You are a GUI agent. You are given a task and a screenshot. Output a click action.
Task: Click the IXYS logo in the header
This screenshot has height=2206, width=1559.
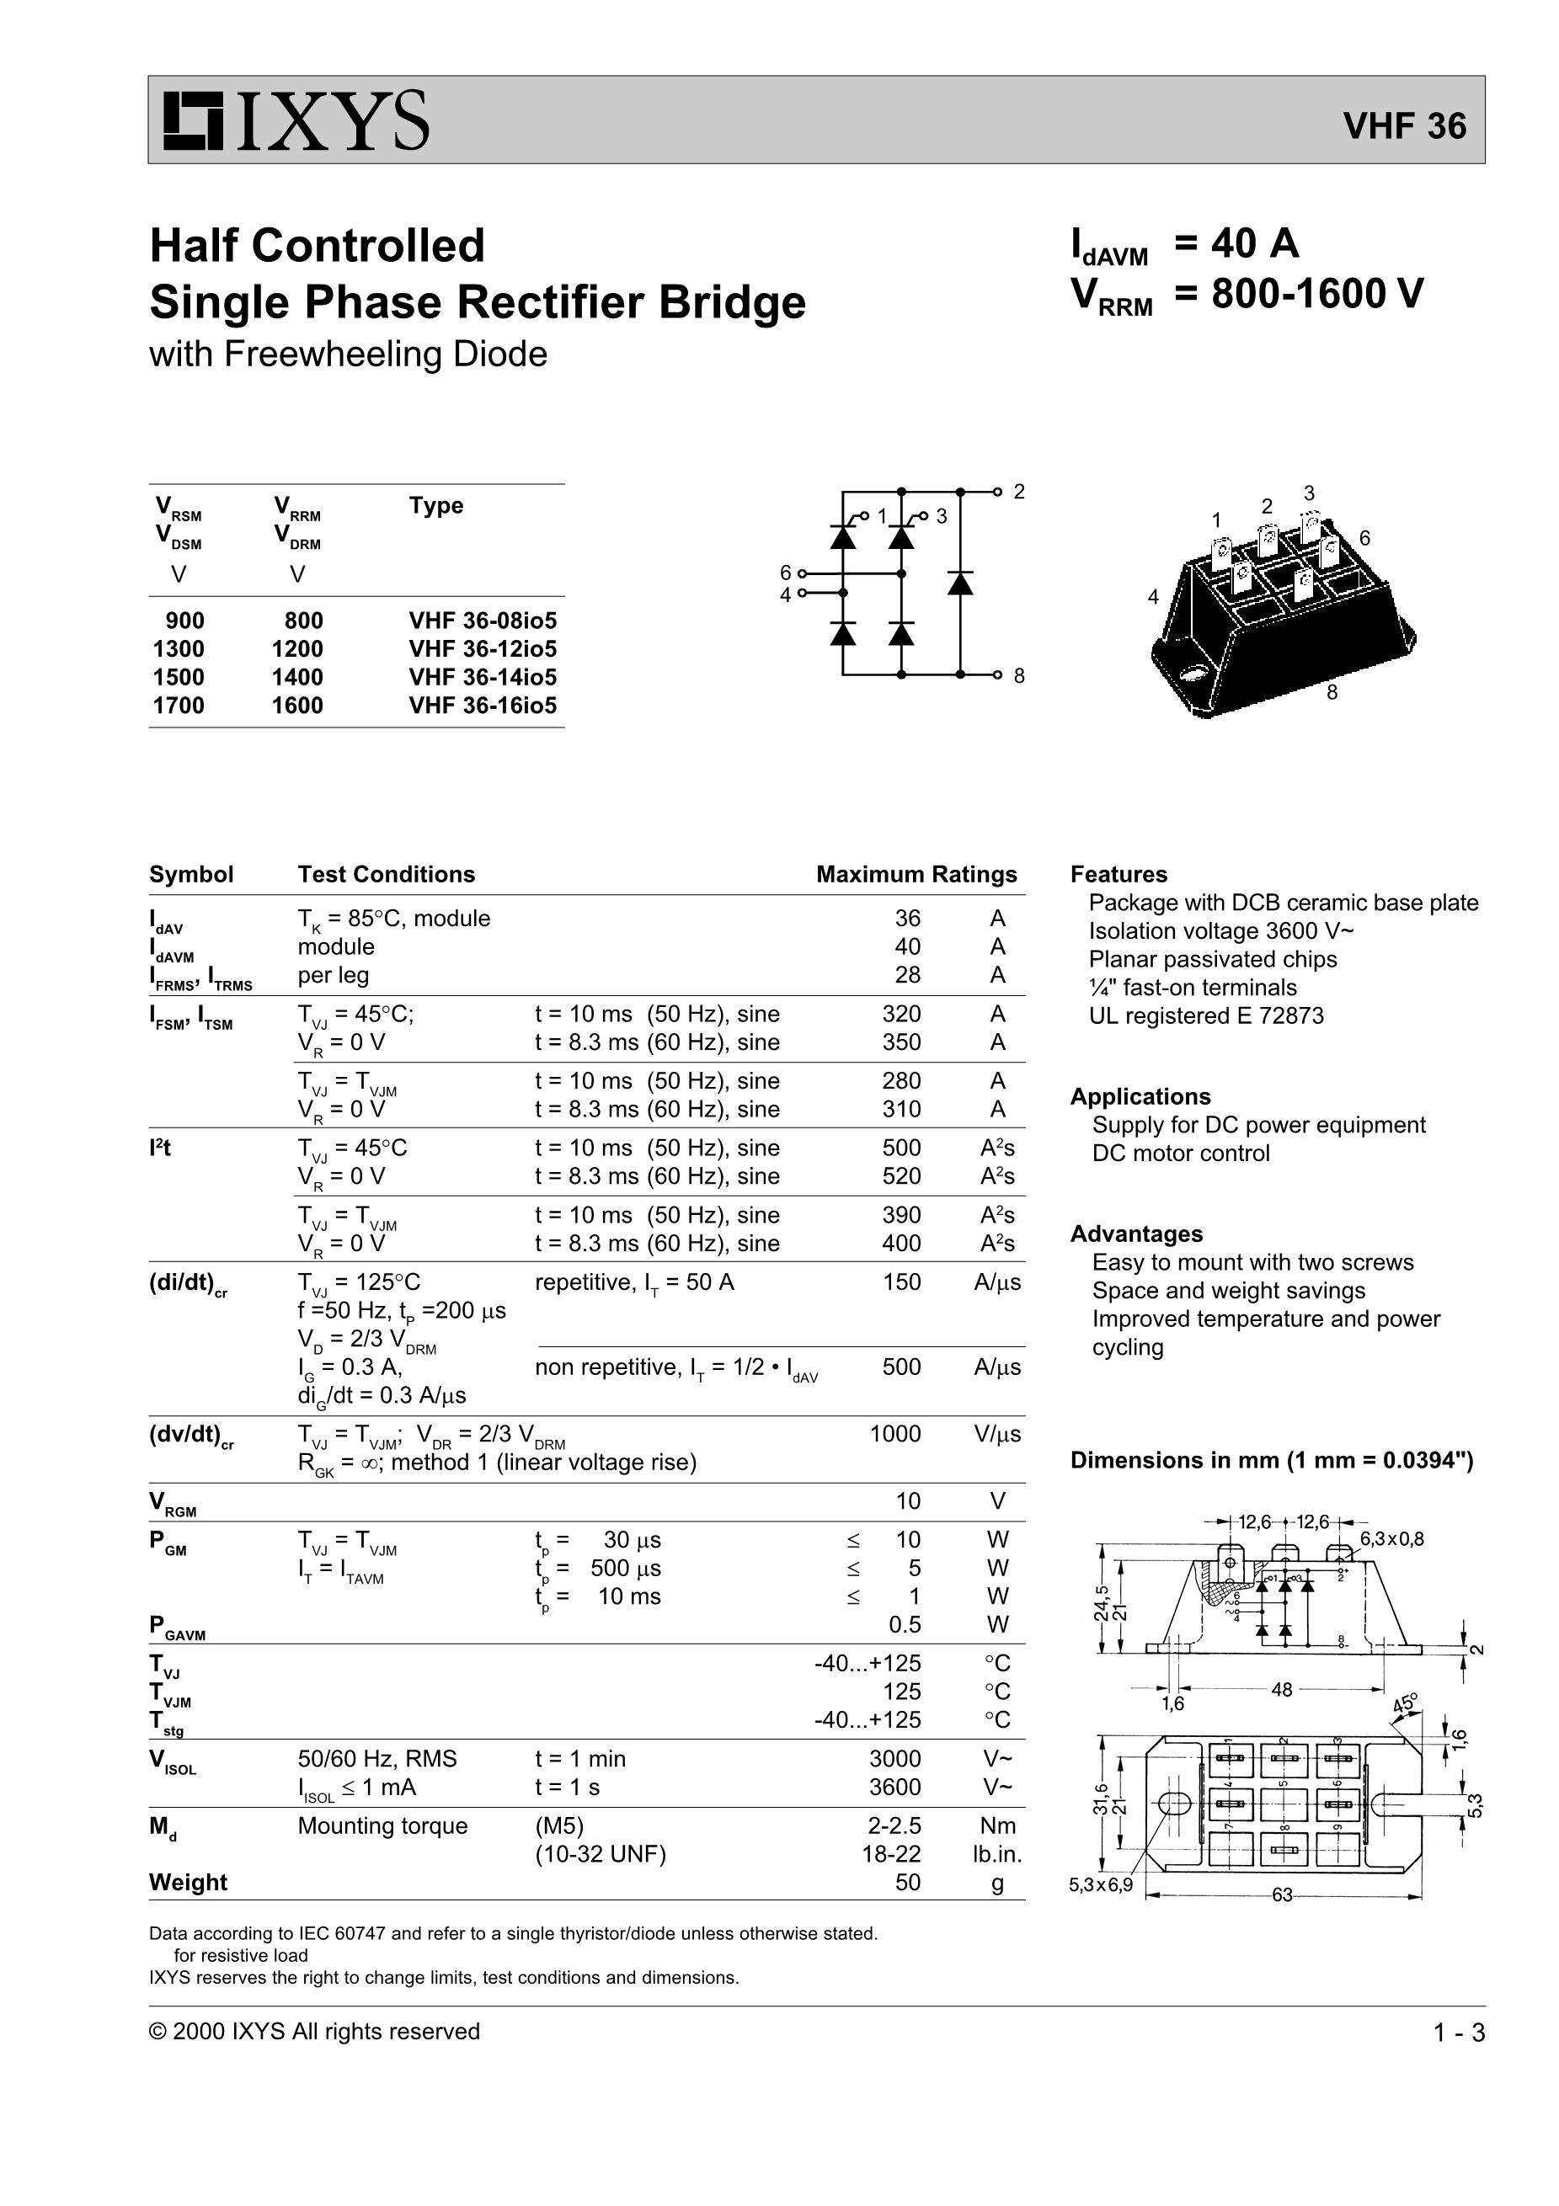coord(295,121)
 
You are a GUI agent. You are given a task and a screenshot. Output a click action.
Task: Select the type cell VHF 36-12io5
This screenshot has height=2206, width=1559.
coord(483,648)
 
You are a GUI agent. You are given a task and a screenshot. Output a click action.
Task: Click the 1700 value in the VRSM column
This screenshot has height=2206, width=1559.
coord(179,706)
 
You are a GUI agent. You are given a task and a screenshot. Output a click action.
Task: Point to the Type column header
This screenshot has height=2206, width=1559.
coord(435,505)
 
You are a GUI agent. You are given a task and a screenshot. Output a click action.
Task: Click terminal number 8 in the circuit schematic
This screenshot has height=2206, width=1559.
coord(1019,675)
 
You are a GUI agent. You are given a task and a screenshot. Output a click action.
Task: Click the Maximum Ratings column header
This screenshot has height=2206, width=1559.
coord(916,874)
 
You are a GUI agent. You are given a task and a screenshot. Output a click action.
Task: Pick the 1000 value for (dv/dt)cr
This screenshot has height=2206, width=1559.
coord(894,1435)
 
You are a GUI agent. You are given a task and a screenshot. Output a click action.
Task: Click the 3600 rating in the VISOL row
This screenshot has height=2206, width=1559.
coord(894,1787)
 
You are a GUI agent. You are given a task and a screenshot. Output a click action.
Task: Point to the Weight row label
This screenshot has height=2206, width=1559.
coord(189,1882)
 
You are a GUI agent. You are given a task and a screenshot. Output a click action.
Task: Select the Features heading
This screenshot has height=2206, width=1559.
coord(1119,874)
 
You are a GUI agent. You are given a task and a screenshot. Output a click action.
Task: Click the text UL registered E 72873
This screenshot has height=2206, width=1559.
coord(1206,1015)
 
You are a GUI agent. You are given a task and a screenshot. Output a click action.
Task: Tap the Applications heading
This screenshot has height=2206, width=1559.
coord(1140,1096)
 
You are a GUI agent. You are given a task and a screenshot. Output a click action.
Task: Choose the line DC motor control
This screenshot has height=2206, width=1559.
coord(1180,1153)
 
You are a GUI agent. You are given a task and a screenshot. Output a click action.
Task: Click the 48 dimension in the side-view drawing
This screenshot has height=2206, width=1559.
coord(1281,1689)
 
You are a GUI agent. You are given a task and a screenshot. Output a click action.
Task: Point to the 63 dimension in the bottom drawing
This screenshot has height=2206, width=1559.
coord(1282,1895)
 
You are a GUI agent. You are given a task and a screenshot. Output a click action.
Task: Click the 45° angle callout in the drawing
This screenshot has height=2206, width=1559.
coord(1405,1703)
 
